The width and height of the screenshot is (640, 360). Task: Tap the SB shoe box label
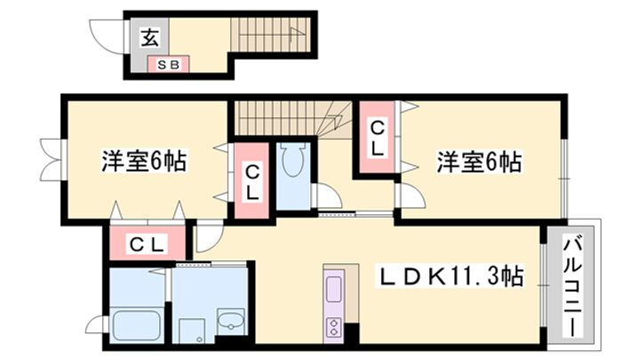[x=167, y=65]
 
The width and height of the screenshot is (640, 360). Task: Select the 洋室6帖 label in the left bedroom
[x=142, y=163]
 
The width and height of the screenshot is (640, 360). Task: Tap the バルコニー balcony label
[x=573, y=283]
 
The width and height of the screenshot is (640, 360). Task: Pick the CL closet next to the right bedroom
[x=377, y=140]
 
